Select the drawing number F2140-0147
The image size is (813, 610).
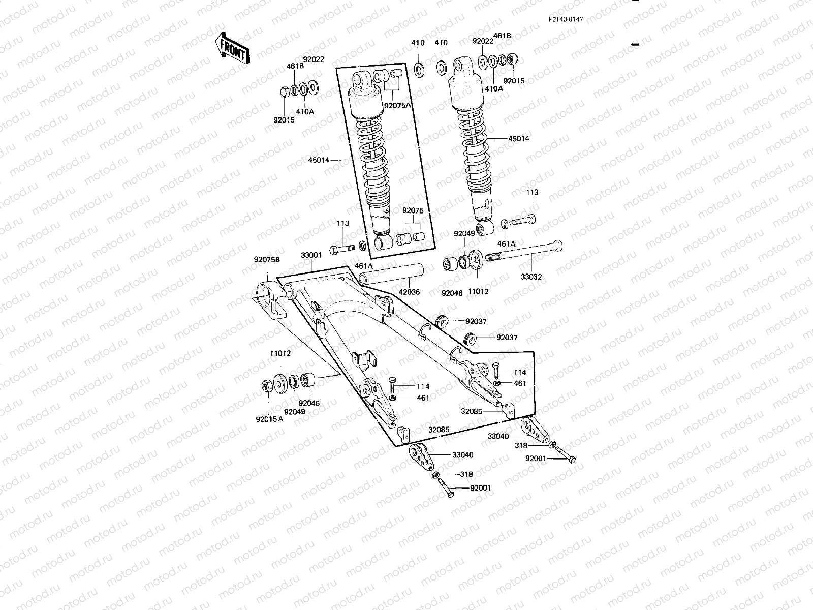(x=565, y=19)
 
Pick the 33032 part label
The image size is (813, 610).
(x=531, y=277)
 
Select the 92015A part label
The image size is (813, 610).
(x=270, y=420)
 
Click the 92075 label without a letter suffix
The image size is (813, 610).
(x=413, y=210)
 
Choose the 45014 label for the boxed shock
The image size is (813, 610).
(x=319, y=160)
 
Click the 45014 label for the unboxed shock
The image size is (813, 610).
(x=518, y=138)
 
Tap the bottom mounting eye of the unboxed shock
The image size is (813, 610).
(x=484, y=227)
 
